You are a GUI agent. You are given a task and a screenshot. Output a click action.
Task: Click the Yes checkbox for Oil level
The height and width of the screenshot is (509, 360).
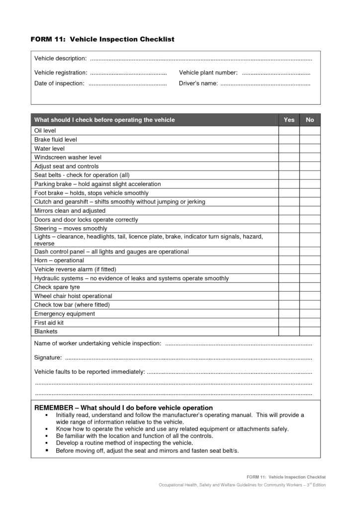(289, 131)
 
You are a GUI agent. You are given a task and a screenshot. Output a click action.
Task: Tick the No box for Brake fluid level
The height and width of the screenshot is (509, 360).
(310, 140)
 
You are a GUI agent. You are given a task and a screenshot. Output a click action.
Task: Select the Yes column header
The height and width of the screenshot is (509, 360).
(289, 120)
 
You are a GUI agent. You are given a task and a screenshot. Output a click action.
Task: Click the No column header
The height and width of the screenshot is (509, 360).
(310, 120)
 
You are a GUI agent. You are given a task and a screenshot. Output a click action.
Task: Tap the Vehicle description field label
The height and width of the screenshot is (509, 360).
(60, 59)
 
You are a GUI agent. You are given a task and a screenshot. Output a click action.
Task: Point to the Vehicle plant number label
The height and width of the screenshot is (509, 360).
(208, 73)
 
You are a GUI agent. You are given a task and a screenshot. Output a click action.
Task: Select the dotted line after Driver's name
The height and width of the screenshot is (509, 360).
(265, 84)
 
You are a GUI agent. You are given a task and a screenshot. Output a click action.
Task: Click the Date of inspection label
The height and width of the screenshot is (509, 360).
(59, 84)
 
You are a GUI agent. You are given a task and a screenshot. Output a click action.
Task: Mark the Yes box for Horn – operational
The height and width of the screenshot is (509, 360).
(289, 260)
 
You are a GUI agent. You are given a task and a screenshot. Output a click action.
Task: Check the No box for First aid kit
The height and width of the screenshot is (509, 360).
(310, 323)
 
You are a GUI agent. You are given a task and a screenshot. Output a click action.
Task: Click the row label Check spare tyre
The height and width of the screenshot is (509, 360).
(57, 287)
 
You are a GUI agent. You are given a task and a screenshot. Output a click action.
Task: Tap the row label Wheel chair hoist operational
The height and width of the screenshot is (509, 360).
(73, 296)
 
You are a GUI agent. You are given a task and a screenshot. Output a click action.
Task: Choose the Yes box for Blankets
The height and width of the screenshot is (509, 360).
(289, 332)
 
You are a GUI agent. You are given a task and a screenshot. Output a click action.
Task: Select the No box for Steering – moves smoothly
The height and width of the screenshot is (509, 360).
(310, 229)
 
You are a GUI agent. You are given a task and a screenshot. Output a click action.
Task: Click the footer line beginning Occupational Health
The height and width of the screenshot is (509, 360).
(242, 485)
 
